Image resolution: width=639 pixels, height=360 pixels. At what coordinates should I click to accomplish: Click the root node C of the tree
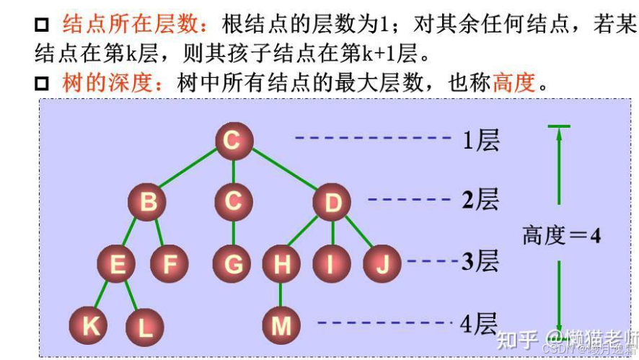coord(232,141)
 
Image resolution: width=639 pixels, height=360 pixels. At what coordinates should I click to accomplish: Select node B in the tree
coord(148,202)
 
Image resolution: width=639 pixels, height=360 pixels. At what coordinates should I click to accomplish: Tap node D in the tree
coord(332,203)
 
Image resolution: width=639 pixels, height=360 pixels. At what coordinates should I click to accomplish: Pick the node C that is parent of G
coord(232,201)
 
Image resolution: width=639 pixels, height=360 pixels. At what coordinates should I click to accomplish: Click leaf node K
coord(91,325)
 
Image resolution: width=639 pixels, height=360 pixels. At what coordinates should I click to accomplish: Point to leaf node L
coord(145,328)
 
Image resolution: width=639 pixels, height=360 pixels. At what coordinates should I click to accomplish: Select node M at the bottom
coord(281,326)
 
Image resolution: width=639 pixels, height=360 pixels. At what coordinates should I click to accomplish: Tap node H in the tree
coord(282,265)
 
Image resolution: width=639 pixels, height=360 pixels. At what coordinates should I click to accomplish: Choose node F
coord(169,265)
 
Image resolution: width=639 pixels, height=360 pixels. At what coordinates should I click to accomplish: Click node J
coord(382,265)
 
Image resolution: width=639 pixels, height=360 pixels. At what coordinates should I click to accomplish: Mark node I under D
coord(331,265)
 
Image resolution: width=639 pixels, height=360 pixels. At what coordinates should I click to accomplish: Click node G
coord(233,265)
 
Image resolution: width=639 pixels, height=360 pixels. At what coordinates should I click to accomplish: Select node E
coord(117,265)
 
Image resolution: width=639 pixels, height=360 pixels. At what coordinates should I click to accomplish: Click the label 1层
coord(481,139)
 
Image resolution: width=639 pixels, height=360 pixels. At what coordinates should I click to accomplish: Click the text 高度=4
coord(562,235)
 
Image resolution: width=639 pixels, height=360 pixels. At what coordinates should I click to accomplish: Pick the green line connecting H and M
coord(281,296)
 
